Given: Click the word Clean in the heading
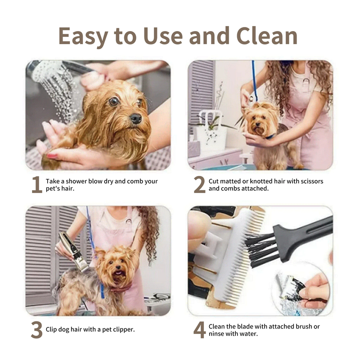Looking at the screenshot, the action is tap(267, 36).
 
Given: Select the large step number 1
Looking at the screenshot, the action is tap(37, 184).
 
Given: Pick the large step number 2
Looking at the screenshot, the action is tap(199, 184).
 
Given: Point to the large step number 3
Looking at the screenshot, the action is tap(37, 330).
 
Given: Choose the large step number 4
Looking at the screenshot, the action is tap(199, 330).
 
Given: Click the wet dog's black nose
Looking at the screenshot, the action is tap(136, 118).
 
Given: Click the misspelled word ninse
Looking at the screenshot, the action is tap(216, 333).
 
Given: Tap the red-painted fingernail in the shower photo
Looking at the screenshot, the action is tap(52, 156).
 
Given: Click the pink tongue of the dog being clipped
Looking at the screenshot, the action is tap(118, 273).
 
